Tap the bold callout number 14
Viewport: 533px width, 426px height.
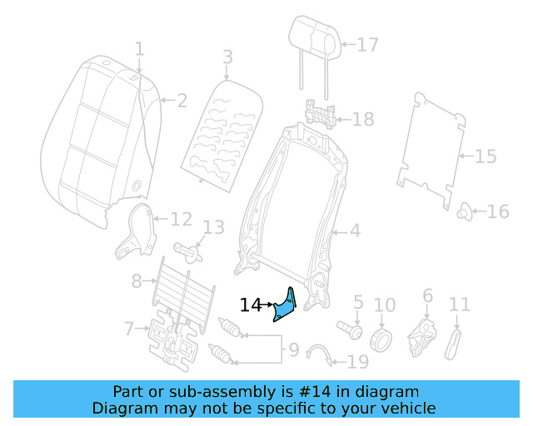click(x=251, y=305)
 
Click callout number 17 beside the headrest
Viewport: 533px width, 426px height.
click(x=368, y=45)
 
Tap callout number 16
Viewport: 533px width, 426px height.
click(x=497, y=212)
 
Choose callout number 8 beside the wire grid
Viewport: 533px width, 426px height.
click(x=137, y=282)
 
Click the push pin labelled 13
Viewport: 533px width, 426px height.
click(x=191, y=248)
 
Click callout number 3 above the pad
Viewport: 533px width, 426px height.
click(x=227, y=57)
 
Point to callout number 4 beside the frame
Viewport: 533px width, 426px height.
click(x=355, y=230)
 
